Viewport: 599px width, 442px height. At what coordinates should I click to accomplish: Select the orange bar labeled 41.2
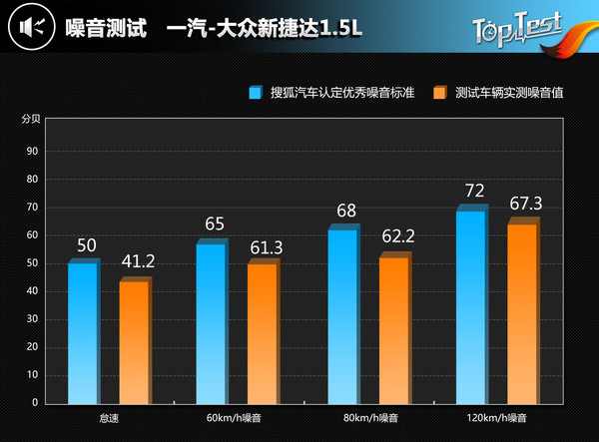coord(134,341)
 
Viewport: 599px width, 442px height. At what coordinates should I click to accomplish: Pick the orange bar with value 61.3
coord(263,332)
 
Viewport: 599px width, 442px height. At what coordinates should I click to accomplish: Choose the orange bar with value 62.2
coord(393,329)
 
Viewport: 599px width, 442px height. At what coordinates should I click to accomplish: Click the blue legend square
coord(257,93)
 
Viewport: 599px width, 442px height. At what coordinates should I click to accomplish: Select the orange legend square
coord(439,93)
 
